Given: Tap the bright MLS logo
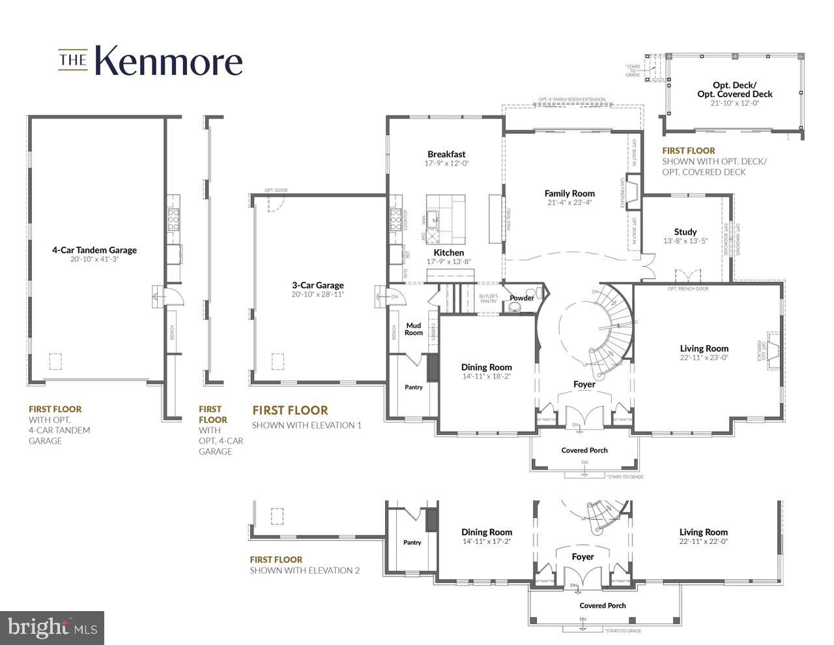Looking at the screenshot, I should pos(52,627).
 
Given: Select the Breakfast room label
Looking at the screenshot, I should pos(446,155).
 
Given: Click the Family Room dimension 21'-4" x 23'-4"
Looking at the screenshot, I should pos(569,203).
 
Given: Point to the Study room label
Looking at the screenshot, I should pos(685,232).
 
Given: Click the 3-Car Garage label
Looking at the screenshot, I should pos(317,285).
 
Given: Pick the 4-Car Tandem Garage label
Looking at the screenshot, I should pos(94,250).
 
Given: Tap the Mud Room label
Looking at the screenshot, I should pos(414,329).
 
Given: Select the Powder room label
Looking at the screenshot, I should pos(521,298).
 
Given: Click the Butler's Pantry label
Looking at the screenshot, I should pos(489,299).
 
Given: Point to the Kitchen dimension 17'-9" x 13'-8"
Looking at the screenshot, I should pos(448,262).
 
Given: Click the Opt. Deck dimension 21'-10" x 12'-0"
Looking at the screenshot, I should pos(734,103).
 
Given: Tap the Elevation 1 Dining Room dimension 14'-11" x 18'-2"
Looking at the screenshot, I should pos(486,376).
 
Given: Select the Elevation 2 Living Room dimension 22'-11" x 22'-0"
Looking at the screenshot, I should pos(703,541).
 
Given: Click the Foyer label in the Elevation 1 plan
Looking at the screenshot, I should pos(584,384).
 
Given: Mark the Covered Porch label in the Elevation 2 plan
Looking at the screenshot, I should pos(602,605).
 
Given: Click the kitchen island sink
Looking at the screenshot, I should pos(435,219).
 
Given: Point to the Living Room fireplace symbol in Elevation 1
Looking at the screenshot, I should pos(773,350).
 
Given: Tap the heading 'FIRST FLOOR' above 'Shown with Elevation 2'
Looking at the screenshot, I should pos(276,560).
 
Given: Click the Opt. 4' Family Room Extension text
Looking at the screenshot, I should pos(571,100).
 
